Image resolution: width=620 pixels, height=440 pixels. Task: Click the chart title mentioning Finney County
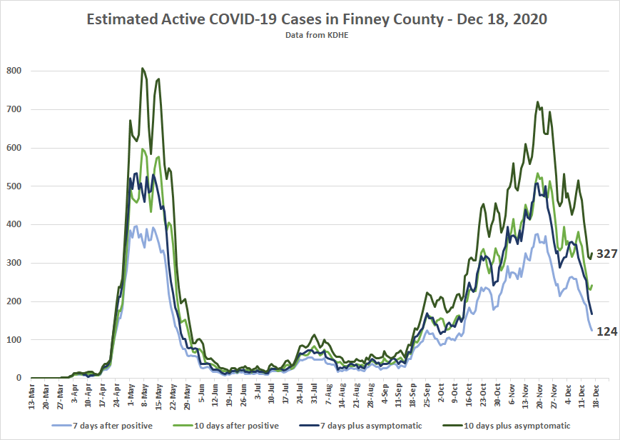[x=317, y=19]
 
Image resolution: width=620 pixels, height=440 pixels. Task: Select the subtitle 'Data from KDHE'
[x=317, y=35]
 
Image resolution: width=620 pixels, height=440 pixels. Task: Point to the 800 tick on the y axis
[x=14, y=71]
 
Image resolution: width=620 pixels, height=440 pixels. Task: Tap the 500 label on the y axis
[x=14, y=186]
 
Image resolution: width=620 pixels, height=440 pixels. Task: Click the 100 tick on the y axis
[x=14, y=340]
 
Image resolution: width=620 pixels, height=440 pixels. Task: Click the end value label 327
[x=606, y=254]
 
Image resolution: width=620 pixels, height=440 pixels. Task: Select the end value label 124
[x=606, y=331]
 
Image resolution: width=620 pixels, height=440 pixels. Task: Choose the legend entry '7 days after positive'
[x=102, y=426]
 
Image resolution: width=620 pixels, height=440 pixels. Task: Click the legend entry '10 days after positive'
[x=226, y=426]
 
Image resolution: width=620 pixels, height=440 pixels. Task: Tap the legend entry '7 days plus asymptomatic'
[x=360, y=426]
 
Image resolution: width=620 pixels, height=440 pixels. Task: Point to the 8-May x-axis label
[x=144, y=394]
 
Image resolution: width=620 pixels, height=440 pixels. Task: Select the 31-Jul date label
[x=313, y=394]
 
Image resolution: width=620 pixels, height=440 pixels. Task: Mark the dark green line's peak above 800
[x=143, y=68]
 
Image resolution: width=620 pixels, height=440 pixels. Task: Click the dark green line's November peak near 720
[x=538, y=101]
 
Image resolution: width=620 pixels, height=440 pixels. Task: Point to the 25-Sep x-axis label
[x=427, y=395]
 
